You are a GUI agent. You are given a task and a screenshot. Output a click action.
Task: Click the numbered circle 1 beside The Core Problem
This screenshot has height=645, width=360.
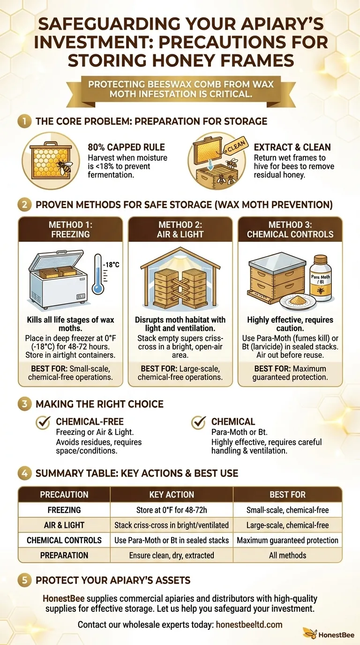24,121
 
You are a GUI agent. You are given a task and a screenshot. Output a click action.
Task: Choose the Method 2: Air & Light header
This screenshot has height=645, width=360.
180,229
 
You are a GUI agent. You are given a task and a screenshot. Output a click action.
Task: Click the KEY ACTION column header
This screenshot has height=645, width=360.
171,495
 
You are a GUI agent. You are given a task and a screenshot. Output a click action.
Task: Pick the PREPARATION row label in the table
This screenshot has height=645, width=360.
64,555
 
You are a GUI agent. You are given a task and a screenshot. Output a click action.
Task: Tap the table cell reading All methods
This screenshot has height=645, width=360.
287,555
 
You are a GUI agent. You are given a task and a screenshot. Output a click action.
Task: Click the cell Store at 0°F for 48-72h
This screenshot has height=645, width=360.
171,510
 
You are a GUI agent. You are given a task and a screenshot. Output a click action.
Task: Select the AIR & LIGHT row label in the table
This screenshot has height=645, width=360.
64,525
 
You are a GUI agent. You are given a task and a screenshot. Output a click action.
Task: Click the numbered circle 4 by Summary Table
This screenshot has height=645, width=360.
24,473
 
